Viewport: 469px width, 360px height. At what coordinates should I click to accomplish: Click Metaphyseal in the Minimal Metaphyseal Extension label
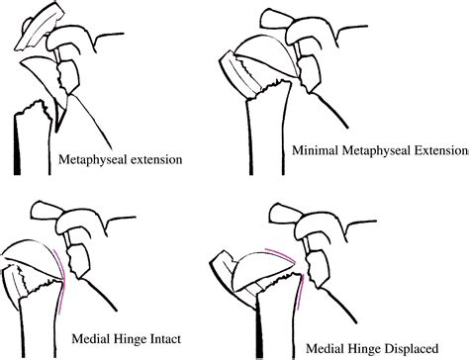(376, 151)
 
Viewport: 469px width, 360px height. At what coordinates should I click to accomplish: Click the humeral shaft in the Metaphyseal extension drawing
(30, 138)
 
